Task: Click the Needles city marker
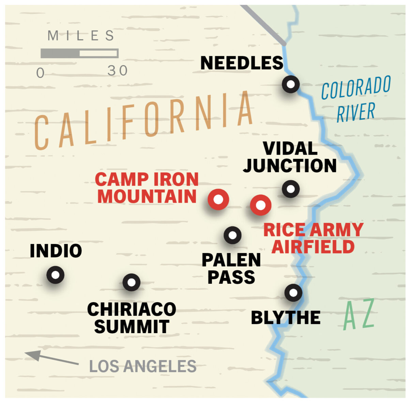[291, 84]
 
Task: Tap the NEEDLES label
[242, 63]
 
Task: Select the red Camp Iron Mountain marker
[218, 199]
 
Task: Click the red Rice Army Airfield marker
[260, 205]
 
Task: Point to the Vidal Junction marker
[291, 189]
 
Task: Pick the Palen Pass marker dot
[232, 235]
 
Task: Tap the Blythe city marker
[293, 292]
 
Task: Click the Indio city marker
[55, 275]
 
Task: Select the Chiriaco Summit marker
[131, 282]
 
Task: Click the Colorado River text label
[356, 99]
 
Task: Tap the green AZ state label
[359, 314]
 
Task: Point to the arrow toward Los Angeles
[51, 358]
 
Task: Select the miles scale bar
[79, 53]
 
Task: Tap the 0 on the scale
[40, 73]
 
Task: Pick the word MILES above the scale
[81, 36]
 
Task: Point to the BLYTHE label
[286, 318]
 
